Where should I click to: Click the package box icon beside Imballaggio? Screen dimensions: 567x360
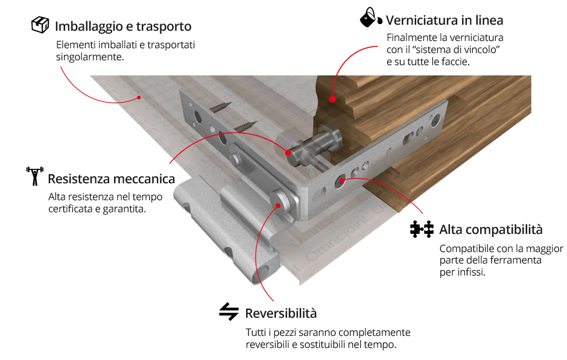[x=40, y=25]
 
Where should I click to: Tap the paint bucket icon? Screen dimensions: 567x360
[x=371, y=17]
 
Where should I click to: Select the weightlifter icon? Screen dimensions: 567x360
[x=35, y=176]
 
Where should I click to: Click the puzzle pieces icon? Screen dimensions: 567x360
[x=422, y=229]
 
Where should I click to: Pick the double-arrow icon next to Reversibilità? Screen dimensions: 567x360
[x=229, y=312]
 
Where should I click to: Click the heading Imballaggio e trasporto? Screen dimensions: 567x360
[x=123, y=27]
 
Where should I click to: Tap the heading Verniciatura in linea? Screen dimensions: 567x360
[x=445, y=21]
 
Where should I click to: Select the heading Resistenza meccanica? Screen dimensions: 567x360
[x=112, y=179]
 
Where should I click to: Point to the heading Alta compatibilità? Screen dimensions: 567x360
[x=491, y=230]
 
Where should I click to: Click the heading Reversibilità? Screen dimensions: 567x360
[x=281, y=314]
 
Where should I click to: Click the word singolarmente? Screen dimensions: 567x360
[x=90, y=57]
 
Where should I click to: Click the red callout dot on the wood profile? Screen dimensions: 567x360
[x=332, y=99]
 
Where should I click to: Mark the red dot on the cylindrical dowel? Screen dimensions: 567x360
[x=288, y=153]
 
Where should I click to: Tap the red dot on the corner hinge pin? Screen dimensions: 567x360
[x=277, y=206]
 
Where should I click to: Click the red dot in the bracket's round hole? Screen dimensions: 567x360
[x=341, y=180]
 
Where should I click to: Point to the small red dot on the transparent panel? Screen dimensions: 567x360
[x=139, y=97]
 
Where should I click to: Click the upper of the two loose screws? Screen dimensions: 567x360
[x=220, y=107]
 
